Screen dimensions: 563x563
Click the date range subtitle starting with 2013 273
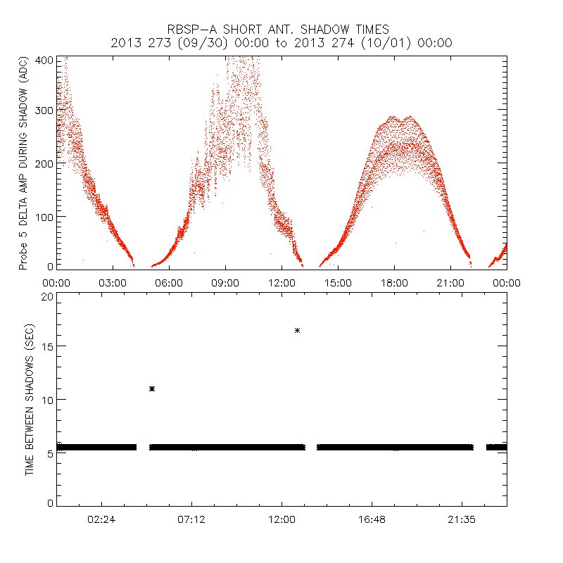point(281,43)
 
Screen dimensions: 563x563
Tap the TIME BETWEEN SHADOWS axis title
point(30,399)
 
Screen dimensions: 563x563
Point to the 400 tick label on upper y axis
point(43,61)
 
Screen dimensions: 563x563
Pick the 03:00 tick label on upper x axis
point(113,282)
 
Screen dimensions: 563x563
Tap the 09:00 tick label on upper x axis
point(225,282)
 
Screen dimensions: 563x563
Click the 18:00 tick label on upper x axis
point(394,282)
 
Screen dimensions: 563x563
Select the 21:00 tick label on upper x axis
point(450,282)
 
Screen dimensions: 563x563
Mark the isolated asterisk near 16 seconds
point(298,330)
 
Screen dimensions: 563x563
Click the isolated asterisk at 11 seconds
point(152,388)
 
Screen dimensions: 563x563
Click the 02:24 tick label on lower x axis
point(101,519)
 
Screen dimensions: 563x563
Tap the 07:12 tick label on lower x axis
point(191,519)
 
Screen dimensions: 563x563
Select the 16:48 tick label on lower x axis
point(372,519)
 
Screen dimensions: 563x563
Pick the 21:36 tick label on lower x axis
point(462,519)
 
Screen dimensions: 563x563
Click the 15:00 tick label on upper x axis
point(338,282)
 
